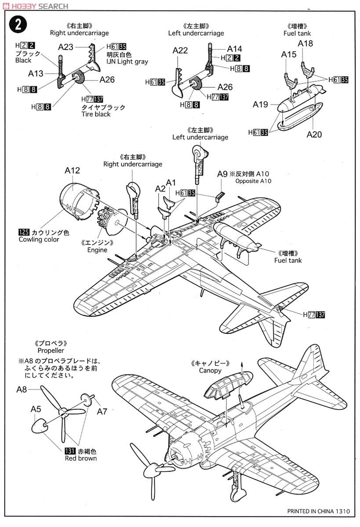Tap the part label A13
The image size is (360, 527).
(x=36, y=73)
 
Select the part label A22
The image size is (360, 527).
(x=180, y=51)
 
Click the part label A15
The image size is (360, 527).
(x=289, y=54)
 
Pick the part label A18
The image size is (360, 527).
(x=305, y=43)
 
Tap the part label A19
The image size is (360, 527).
(x=260, y=105)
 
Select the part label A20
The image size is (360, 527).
(x=314, y=134)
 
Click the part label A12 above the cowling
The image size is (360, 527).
(x=72, y=170)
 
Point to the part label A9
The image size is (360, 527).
(x=222, y=174)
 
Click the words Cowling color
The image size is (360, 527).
(x=39, y=240)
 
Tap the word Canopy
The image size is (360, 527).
(x=210, y=371)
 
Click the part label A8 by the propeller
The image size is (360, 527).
(x=22, y=389)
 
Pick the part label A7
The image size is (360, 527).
(x=102, y=411)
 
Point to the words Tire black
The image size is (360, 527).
(x=96, y=114)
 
